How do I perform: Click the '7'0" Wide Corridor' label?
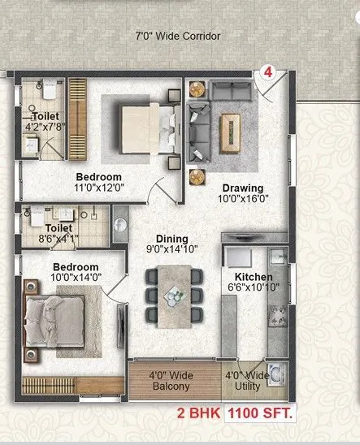click(177, 37)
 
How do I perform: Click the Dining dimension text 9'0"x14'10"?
click(173, 248)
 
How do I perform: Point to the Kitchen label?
click(243, 277)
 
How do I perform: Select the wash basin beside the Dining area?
click(120, 222)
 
